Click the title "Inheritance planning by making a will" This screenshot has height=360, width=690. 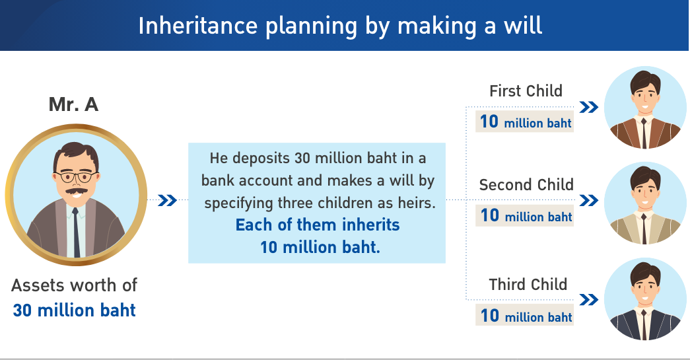pyautogui.click(x=340, y=25)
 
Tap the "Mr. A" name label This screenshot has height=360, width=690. pyautogui.click(x=73, y=104)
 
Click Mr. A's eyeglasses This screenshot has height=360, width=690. pyautogui.click(x=74, y=176)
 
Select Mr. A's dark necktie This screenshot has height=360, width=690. pyautogui.click(x=77, y=231)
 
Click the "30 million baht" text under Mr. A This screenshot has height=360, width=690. pyautogui.click(x=74, y=310)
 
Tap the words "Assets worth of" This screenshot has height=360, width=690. pyautogui.click(x=74, y=285)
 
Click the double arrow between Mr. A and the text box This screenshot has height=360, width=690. pyautogui.click(x=167, y=200)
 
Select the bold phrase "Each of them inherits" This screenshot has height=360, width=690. pyautogui.click(x=318, y=225)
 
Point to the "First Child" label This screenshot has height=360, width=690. pyautogui.click(x=526, y=90)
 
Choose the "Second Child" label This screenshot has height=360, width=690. pyautogui.click(x=526, y=184)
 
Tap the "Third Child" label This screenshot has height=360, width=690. pyautogui.click(x=528, y=284)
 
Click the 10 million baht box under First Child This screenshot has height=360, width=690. pyautogui.click(x=525, y=122)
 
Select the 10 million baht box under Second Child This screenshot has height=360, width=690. pyautogui.click(x=525, y=216)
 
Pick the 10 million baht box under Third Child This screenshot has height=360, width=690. pyautogui.click(x=525, y=316)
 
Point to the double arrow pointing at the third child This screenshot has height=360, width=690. pyautogui.click(x=589, y=300)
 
